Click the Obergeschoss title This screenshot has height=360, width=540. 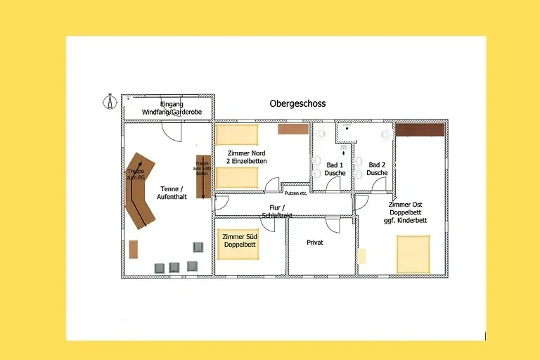(297, 103)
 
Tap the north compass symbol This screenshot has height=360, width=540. (110, 102)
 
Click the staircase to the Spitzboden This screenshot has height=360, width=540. (202, 176)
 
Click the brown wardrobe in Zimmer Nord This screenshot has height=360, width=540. (292, 129)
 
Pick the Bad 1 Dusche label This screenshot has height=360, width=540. (335, 169)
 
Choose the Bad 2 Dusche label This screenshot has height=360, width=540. (377, 169)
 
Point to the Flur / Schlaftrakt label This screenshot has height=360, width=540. (276, 212)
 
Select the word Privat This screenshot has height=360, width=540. (315, 243)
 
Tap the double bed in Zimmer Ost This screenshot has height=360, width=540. (413, 254)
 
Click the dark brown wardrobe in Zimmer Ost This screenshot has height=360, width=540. (420, 129)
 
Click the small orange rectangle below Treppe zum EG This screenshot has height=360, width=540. (134, 250)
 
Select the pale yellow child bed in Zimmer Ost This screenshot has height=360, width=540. (362, 256)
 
